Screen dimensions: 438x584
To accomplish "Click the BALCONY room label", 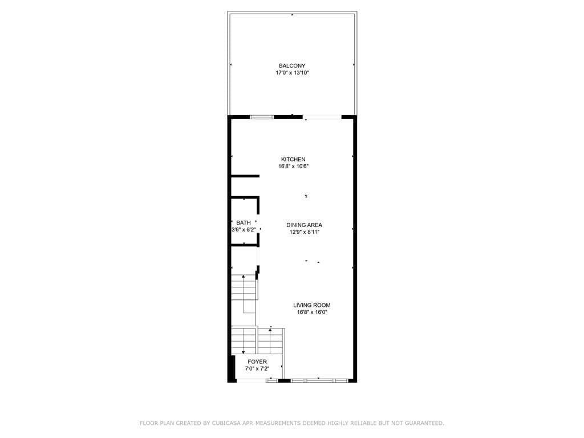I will click(292, 66).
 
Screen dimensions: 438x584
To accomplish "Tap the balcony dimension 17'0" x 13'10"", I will click(292, 73).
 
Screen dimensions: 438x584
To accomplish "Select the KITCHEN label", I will click(293, 159).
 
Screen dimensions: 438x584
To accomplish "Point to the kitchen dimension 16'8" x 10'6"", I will click(293, 167).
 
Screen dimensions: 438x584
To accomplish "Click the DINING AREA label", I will click(304, 225).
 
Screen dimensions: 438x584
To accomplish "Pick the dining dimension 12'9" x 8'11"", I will click(304, 232).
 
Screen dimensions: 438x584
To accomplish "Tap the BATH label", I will click(244, 222).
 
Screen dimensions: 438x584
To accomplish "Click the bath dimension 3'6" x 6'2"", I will click(244, 230).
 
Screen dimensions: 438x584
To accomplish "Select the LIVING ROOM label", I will click(312, 305).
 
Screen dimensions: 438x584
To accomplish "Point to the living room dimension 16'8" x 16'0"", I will click(312, 313).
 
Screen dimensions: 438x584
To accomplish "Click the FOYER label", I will click(257, 362).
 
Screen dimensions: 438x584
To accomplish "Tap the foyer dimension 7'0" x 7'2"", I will click(257, 369).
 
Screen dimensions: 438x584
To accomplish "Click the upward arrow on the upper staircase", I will click(244, 278).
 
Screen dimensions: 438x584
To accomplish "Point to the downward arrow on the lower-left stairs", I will click(244, 351).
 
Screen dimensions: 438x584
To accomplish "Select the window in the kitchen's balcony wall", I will click(262, 117).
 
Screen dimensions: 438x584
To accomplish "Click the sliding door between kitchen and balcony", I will click(322, 117).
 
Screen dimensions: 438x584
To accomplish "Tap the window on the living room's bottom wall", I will click(319, 380).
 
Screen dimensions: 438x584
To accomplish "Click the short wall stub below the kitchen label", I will click(245, 176).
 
